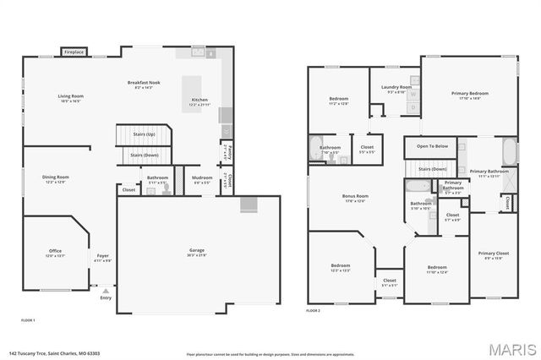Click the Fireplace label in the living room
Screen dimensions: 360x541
74,52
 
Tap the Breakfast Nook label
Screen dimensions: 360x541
142,82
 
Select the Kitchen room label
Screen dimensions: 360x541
199,100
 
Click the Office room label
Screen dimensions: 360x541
54,251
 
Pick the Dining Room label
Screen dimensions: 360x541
56,177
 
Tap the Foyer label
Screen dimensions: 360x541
102,256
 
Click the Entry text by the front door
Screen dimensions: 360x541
106,297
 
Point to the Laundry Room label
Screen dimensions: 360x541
396,87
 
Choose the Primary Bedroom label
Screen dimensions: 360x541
469,93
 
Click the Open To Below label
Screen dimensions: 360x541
431,146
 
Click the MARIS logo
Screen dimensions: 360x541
507,348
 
